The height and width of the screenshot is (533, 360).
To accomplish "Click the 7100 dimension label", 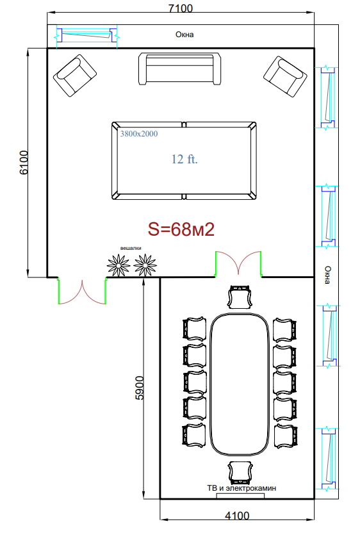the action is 181,8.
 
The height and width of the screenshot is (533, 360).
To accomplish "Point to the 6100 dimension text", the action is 24,163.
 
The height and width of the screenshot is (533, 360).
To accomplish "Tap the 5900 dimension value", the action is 140,388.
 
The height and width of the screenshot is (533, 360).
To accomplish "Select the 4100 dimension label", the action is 237,516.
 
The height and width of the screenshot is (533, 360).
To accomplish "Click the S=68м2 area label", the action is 181,229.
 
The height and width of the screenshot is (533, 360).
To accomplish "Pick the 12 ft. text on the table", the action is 184,159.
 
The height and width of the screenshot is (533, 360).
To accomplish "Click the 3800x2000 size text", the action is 139,134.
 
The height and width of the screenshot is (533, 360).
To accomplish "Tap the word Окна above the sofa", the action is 184,35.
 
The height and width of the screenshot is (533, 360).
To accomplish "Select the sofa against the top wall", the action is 180,69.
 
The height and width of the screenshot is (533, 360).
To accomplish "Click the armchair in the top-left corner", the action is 75,76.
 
